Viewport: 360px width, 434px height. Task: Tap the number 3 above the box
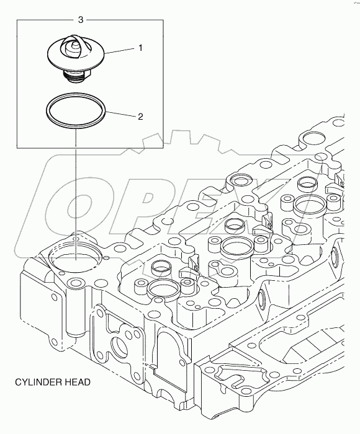point(81,20)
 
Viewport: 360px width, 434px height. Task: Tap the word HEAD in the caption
point(78,382)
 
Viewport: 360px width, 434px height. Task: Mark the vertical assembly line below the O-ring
point(75,186)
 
